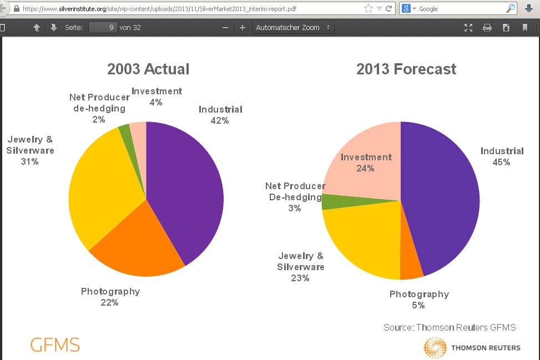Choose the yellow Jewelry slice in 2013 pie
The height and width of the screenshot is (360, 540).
tap(361, 239)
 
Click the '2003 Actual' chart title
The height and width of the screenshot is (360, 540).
tap(148, 69)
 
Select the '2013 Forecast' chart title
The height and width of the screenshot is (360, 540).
tap(406, 69)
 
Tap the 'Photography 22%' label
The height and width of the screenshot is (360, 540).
tap(110, 297)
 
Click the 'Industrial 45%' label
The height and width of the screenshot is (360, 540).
tap(502, 156)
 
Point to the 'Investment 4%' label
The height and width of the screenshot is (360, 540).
tap(157, 97)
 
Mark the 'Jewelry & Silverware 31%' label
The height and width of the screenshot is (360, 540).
tap(31, 151)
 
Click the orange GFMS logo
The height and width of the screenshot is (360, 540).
tap(55, 344)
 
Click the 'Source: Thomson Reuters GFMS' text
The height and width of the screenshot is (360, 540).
tap(450, 327)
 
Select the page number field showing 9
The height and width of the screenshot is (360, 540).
tap(103, 27)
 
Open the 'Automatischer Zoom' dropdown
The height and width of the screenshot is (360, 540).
tap(293, 27)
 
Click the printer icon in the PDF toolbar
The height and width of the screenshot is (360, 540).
tap(487, 28)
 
